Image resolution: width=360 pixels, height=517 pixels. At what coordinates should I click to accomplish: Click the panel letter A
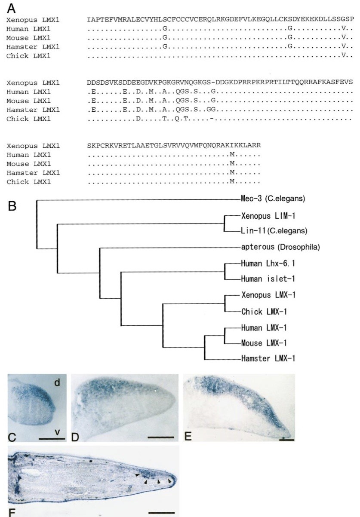[x=11, y=9]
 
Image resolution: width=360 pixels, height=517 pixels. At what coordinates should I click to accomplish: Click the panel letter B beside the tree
[x=12, y=206]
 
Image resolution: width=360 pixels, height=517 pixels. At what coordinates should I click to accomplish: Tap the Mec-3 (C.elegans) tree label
[x=273, y=198]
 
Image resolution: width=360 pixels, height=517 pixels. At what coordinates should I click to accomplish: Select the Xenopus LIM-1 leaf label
[x=268, y=216]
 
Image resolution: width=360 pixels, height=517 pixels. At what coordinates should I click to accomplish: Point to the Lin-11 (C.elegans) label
[x=274, y=231]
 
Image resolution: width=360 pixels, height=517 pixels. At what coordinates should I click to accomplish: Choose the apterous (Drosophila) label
[x=280, y=247]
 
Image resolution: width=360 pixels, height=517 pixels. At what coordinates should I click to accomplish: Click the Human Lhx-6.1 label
[x=268, y=263]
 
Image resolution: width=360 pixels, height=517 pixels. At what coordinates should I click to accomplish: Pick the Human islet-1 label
[x=268, y=279]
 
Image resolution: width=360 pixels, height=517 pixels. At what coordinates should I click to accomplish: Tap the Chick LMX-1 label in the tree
[x=264, y=312]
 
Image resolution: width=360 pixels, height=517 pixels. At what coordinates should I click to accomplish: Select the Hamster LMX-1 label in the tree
[x=268, y=358]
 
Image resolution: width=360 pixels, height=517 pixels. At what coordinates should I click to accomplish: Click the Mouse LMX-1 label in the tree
[x=264, y=343]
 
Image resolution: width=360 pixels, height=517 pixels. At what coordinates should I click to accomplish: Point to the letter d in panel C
[x=57, y=382]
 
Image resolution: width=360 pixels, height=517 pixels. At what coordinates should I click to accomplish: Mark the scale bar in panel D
[x=161, y=437]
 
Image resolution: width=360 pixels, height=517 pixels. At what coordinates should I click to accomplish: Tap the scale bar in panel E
[x=286, y=440]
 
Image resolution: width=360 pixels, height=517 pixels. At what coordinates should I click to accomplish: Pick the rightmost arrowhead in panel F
[x=170, y=481]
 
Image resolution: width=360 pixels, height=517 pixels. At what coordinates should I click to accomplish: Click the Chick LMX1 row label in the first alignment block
[x=28, y=56]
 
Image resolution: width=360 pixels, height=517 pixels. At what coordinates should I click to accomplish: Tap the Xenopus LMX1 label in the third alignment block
[x=33, y=146]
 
